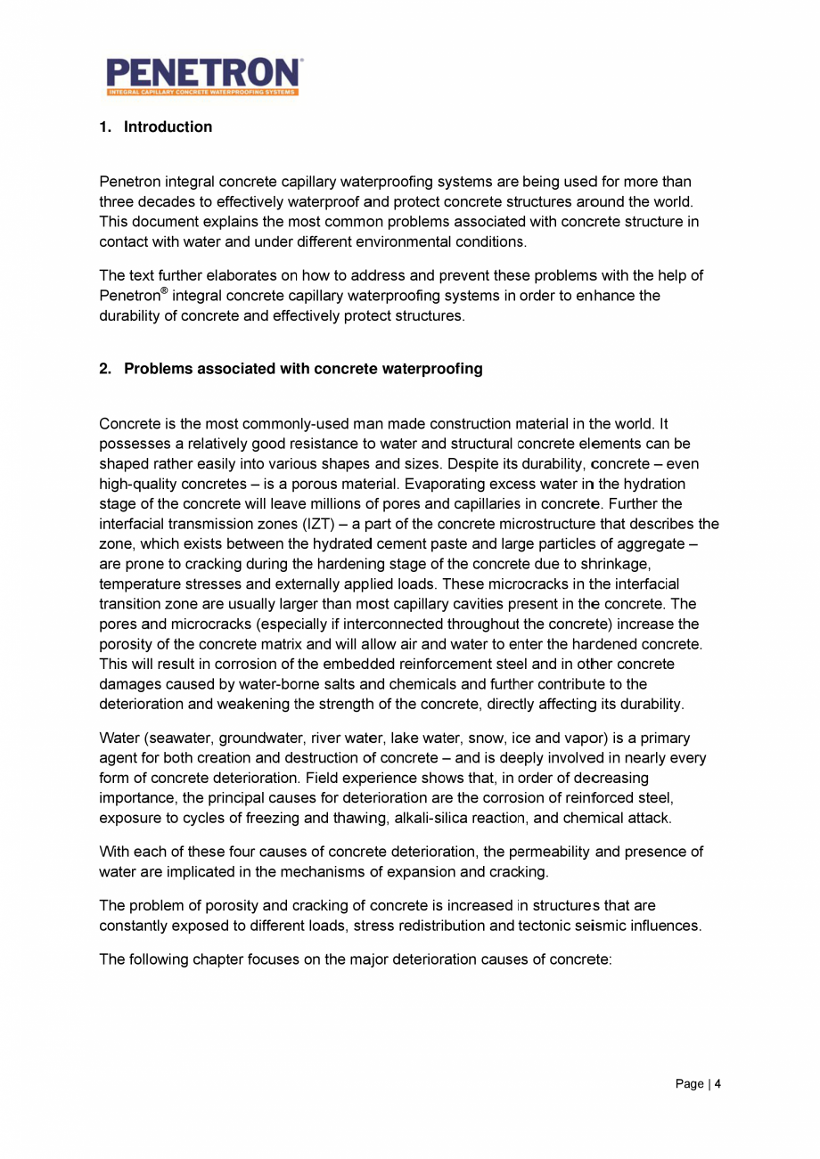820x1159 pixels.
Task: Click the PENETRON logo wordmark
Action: click(x=203, y=72)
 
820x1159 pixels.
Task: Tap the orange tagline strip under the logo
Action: click(x=202, y=92)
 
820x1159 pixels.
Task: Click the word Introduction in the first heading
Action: click(x=168, y=127)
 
